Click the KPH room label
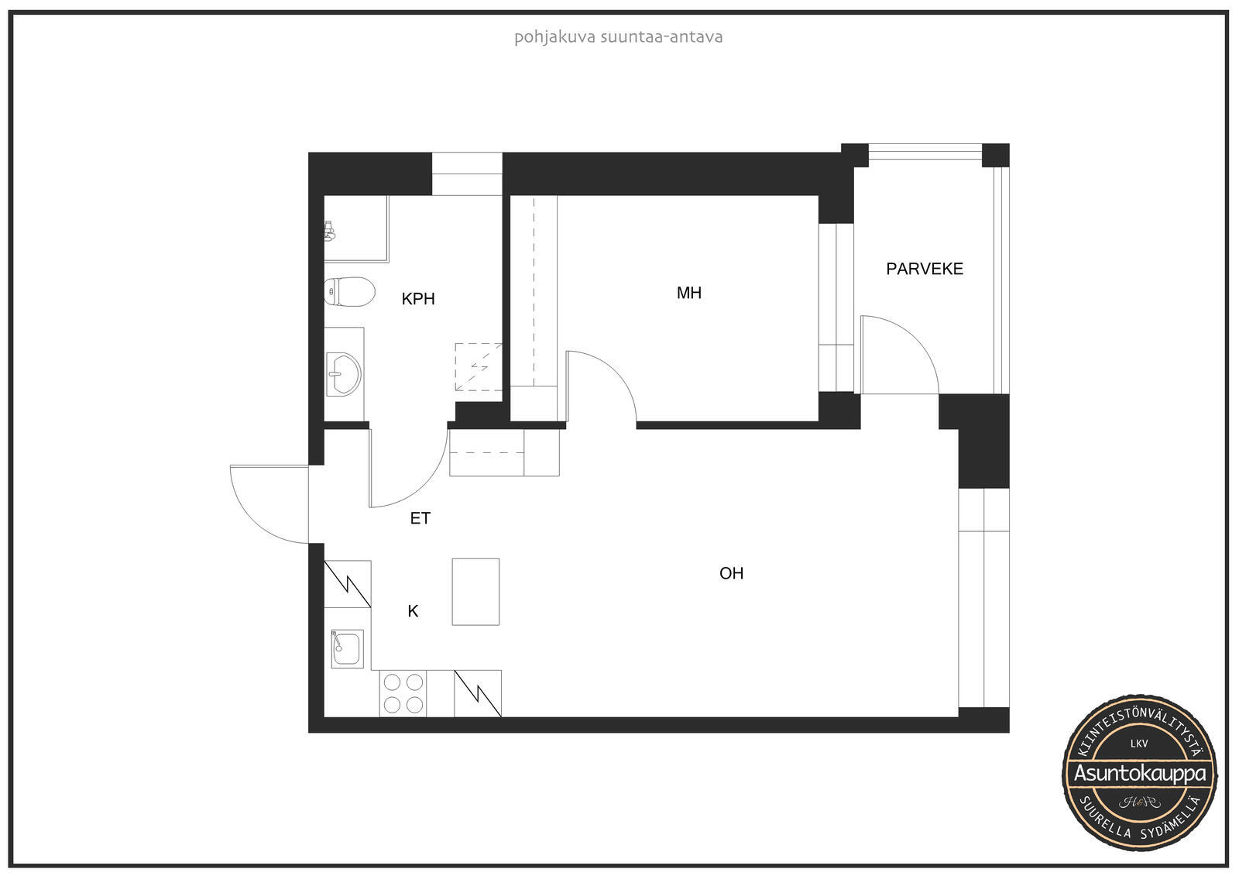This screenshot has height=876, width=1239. (418, 299)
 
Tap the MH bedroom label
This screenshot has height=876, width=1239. (689, 293)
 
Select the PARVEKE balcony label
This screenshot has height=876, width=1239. (925, 269)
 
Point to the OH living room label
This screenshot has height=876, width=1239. (731, 573)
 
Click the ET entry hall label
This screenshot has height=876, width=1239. (420, 518)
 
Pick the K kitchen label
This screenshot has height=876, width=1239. (413, 611)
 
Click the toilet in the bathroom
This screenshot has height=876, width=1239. (349, 292)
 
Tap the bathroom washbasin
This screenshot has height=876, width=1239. (344, 375)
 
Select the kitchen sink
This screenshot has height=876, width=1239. (348, 648)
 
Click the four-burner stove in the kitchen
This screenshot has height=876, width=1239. (403, 694)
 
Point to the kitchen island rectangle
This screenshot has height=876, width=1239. (475, 592)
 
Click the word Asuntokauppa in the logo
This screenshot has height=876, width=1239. (1139, 774)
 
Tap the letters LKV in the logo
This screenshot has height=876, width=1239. (1139, 744)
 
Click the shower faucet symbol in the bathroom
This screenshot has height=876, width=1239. (329, 231)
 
